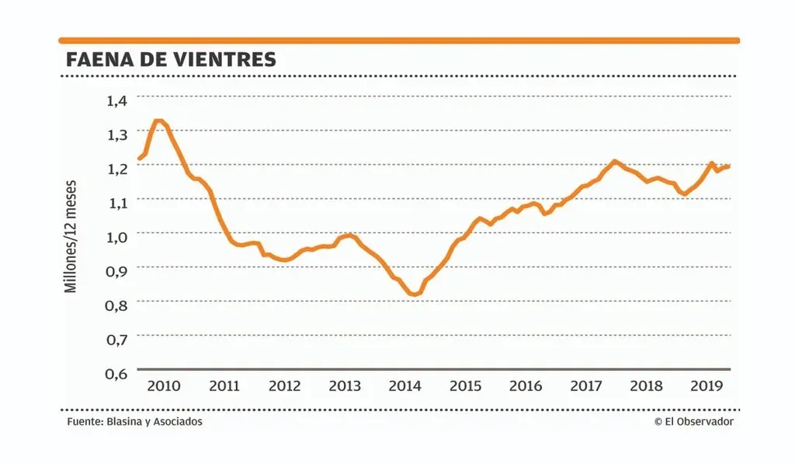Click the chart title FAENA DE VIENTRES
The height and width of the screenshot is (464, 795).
[x=171, y=60]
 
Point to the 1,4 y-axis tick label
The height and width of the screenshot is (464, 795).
[x=121, y=99]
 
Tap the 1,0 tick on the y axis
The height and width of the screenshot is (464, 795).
[x=121, y=235]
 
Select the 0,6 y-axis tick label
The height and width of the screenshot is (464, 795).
[x=121, y=372]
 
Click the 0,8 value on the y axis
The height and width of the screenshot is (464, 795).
[x=121, y=304]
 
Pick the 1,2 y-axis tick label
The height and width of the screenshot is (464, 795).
[x=121, y=167]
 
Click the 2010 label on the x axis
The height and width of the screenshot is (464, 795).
[x=164, y=386]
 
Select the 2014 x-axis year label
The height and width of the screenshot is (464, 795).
[x=405, y=386]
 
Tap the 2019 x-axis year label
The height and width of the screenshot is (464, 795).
[x=707, y=386]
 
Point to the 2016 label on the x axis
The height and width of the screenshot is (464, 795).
[x=526, y=386]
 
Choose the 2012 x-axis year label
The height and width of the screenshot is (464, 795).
[x=284, y=386]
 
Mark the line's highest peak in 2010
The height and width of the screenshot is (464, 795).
[x=158, y=120]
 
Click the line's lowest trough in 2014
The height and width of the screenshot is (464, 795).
[x=414, y=295]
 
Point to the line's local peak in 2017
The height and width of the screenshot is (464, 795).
[x=614, y=161]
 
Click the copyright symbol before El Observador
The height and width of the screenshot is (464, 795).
[x=658, y=421]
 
